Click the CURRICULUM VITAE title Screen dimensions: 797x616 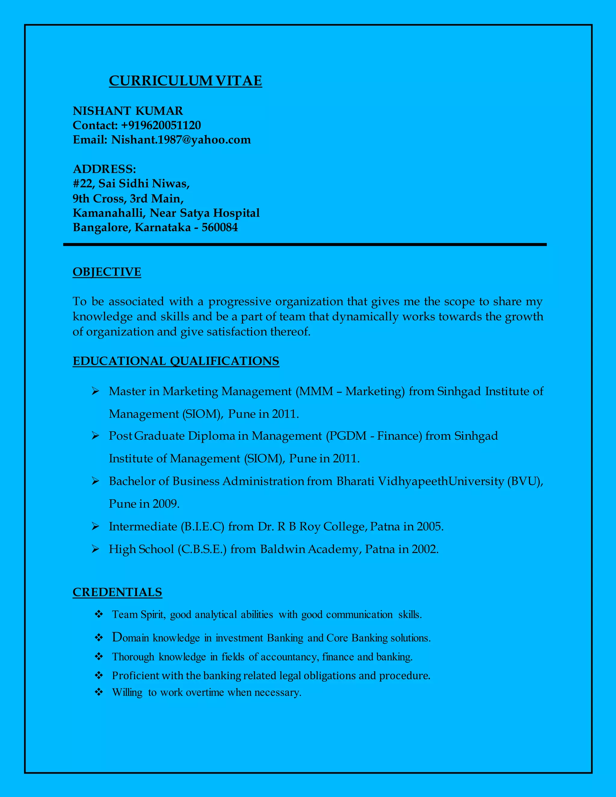coord(185,81)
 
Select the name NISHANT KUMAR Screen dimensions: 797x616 coord(128,111)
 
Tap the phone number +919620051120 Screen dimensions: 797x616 coord(161,125)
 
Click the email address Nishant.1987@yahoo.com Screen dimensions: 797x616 coord(181,140)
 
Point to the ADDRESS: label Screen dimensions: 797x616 coord(104,169)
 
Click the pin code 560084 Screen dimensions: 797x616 coord(220,227)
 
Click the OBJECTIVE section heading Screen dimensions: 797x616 coord(107,272)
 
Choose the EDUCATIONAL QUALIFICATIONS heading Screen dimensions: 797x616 coord(176,361)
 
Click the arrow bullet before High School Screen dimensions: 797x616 coord(95,549)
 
